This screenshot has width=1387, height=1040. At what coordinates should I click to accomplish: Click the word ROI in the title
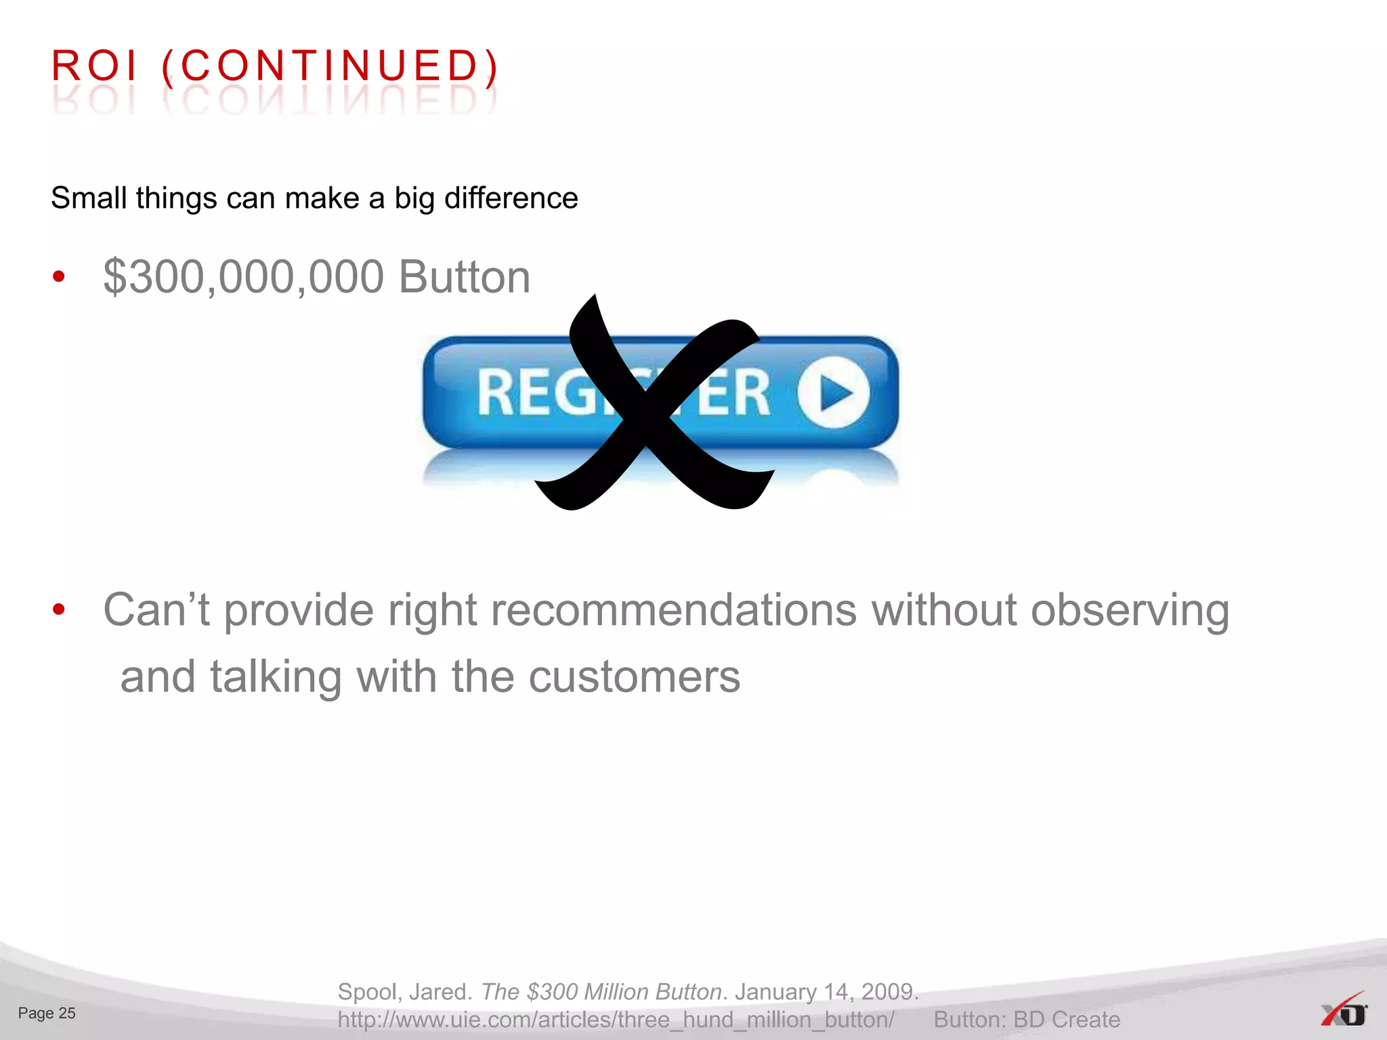coord(95,66)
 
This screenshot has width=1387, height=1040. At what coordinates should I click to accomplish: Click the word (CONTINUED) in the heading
coord(330,66)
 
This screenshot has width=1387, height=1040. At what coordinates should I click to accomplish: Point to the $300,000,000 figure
coord(244,277)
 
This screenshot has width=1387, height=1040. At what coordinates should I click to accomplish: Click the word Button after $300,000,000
coord(465,277)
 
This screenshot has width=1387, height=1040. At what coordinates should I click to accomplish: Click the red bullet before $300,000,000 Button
coord(60,277)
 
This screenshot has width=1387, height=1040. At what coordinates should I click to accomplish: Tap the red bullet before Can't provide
coord(60,609)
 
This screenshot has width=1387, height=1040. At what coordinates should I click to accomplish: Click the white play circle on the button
coord(834,393)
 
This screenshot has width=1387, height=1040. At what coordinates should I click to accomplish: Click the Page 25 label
coord(47,1013)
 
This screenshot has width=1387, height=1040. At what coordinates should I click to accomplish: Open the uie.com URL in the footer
coord(616,1020)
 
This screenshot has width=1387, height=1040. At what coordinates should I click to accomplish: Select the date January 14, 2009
coord(826,992)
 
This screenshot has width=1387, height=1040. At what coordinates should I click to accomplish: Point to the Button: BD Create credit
coord(1027,1020)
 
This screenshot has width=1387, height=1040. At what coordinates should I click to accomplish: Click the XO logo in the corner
coord(1344,1012)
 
